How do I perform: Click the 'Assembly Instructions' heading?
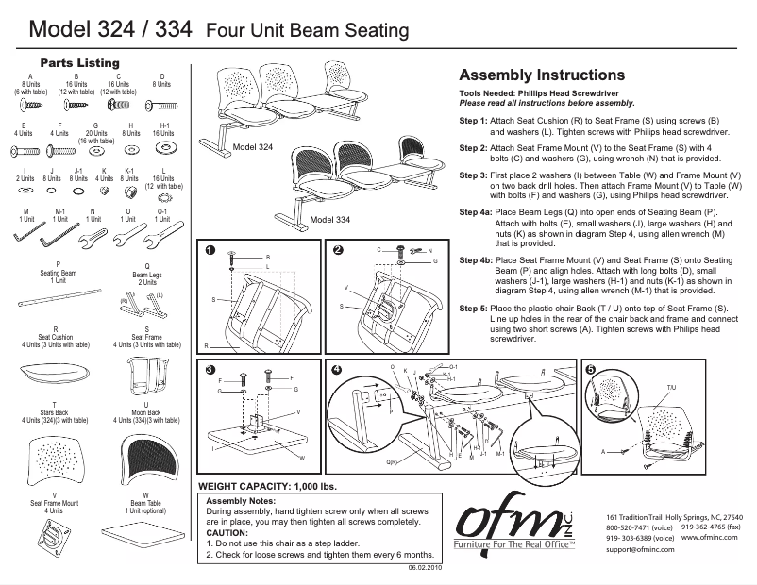coord(541,75)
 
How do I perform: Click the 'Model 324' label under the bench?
coord(252,148)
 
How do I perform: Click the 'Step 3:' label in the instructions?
coord(473,175)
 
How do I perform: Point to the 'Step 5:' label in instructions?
coord(473,309)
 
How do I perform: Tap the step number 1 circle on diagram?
coord(210,250)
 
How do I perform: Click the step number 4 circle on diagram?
coord(336,369)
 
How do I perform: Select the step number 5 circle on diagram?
coord(591,369)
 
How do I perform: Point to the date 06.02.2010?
coord(424,570)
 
